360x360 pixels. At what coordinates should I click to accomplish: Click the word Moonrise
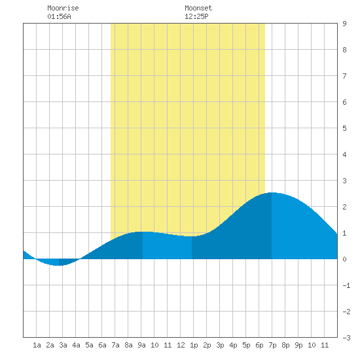click(x=63, y=8)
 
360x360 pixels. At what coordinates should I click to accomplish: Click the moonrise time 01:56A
click(x=59, y=16)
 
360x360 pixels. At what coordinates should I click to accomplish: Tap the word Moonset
click(x=198, y=8)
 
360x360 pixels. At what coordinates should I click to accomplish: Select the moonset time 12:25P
click(x=196, y=16)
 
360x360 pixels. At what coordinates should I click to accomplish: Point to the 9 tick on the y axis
click(x=344, y=24)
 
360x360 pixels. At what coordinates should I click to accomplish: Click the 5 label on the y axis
click(x=344, y=128)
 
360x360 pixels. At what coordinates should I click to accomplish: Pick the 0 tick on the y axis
click(x=344, y=259)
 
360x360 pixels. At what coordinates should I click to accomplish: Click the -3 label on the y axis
click(x=346, y=338)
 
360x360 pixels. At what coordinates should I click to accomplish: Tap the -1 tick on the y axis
click(x=346, y=285)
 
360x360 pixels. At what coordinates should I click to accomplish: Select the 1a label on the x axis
click(x=37, y=345)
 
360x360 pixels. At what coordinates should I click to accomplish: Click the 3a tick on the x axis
click(x=63, y=345)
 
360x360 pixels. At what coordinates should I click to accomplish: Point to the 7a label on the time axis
click(x=115, y=345)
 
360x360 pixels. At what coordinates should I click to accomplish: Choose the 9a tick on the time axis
click(x=141, y=345)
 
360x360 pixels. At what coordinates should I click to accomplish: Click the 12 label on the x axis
click(x=181, y=345)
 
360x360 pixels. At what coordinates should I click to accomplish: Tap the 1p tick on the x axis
click(x=194, y=345)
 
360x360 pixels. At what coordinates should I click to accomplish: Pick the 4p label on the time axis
click(x=233, y=345)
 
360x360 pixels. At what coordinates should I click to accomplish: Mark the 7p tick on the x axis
click(x=272, y=345)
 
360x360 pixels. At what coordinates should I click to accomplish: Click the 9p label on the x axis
click(x=298, y=345)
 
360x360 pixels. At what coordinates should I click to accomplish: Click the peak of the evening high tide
click(x=272, y=193)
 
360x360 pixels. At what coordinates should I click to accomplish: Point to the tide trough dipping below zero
click(x=58, y=265)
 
